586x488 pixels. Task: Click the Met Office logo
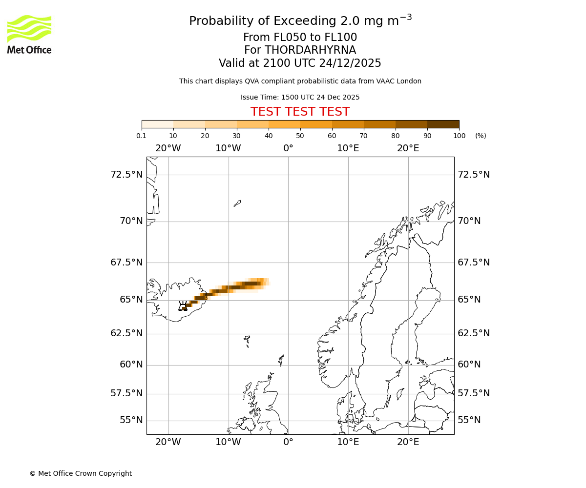pyautogui.click(x=29, y=34)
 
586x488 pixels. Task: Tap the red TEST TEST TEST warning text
pyautogui.click(x=300, y=112)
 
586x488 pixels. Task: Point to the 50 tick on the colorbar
pyautogui.click(x=300, y=136)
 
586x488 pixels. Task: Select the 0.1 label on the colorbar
pyautogui.click(x=142, y=136)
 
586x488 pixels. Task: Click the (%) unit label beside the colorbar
pyautogui.click(x=481, y=136)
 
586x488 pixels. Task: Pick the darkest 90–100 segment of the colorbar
pyautogui.click(x=443, y=124)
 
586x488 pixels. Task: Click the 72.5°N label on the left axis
pyautogui.click(x=126, y=175)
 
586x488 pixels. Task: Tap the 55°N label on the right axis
pyautogui.click(x=469, y=420)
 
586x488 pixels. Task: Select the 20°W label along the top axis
pyautogui.click(x=168, y=148)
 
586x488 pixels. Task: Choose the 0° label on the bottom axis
pyautogui.click(x=288, y=442)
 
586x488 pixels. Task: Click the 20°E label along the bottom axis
pyautogui.click(x=408, y=442)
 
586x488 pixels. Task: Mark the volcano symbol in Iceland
pyautogui.click(x=183, y=306)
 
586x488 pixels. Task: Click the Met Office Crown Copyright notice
pyautogui.click(x=81, y=473)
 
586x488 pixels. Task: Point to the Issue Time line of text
pyautogui.click(x=300, y=97)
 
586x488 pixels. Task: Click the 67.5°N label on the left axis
pyautogui.click(x=126, y=263)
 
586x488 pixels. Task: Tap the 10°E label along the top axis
pyautogui.click(x=348, y=148)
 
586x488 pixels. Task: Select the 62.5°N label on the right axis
pyautogui.click(x=474, y=333)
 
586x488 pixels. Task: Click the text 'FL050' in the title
pyautogui.click(x=277, y=38)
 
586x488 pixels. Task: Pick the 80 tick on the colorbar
pyautogui.click(x=396, y=136)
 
